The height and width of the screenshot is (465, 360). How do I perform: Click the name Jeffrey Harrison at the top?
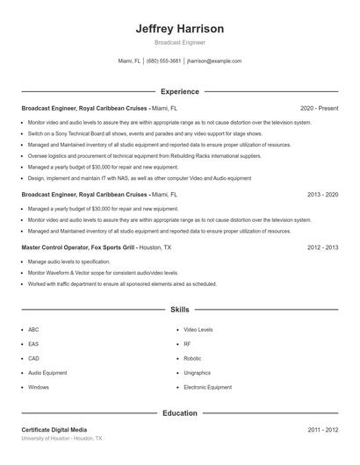tap(180, 28)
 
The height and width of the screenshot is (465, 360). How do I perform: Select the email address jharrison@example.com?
tap(214, 61)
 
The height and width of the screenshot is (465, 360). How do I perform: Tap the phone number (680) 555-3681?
tap(164, 61)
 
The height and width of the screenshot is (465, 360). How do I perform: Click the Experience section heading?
tap(180, 91)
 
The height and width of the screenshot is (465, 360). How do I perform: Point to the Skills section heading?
tap(180, 310)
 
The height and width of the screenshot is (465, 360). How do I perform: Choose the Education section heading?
tap(180, 412)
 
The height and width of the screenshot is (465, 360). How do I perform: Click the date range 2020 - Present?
tap(319, 108)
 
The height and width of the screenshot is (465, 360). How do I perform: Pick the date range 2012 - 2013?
tap(323, 247)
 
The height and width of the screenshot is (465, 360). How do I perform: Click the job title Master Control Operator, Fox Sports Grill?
tap(78, 247)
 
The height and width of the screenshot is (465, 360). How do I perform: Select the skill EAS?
tap(33, 344)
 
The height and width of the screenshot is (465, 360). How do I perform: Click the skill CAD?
tap(33, 358)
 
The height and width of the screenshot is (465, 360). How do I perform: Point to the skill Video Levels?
tap(198, 330)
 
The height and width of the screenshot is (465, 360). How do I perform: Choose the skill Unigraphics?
tap(198, 372)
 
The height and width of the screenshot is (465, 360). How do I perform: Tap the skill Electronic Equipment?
tap(208, 387)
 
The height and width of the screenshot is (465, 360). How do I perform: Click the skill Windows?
tap(39, 387)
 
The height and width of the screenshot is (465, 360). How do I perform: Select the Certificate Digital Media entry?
tap(54, 430)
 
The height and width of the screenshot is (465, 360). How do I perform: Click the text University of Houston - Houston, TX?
tap(62, 438)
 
